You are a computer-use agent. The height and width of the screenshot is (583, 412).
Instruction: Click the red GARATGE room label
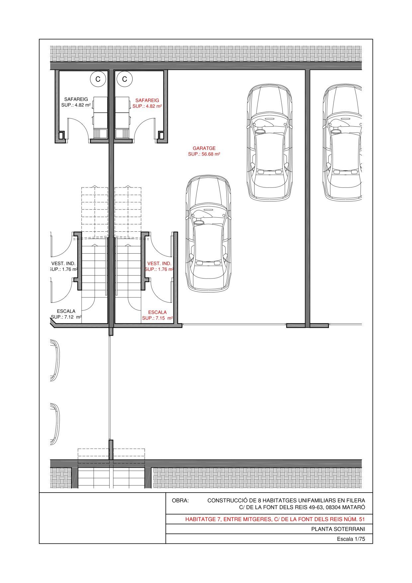tap(204, 148)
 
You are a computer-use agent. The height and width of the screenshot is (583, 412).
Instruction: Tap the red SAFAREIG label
tap(147, 100)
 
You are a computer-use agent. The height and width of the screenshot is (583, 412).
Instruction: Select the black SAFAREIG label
tap(76, 99)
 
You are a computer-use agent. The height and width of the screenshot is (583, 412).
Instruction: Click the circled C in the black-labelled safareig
tap(98, 79)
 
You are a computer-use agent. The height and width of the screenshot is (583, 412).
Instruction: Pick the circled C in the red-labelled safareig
tap(125, 79)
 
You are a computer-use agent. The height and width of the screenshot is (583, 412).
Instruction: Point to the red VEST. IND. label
tap(159, 264)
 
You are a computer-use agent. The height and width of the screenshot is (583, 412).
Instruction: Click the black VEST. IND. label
tap(63, 264)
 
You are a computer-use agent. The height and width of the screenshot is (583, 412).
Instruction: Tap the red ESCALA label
tap(157, 312)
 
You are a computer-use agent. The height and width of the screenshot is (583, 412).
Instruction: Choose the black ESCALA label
tap(66, 311)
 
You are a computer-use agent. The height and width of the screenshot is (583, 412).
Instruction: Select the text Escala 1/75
tap(351, 539)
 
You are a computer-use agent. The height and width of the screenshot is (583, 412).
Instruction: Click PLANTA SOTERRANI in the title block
tap(338, 529)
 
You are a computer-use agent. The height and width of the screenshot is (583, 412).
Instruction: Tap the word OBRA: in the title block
tap(180, 501)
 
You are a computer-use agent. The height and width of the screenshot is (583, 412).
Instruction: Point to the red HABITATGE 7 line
tap(275, 519)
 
